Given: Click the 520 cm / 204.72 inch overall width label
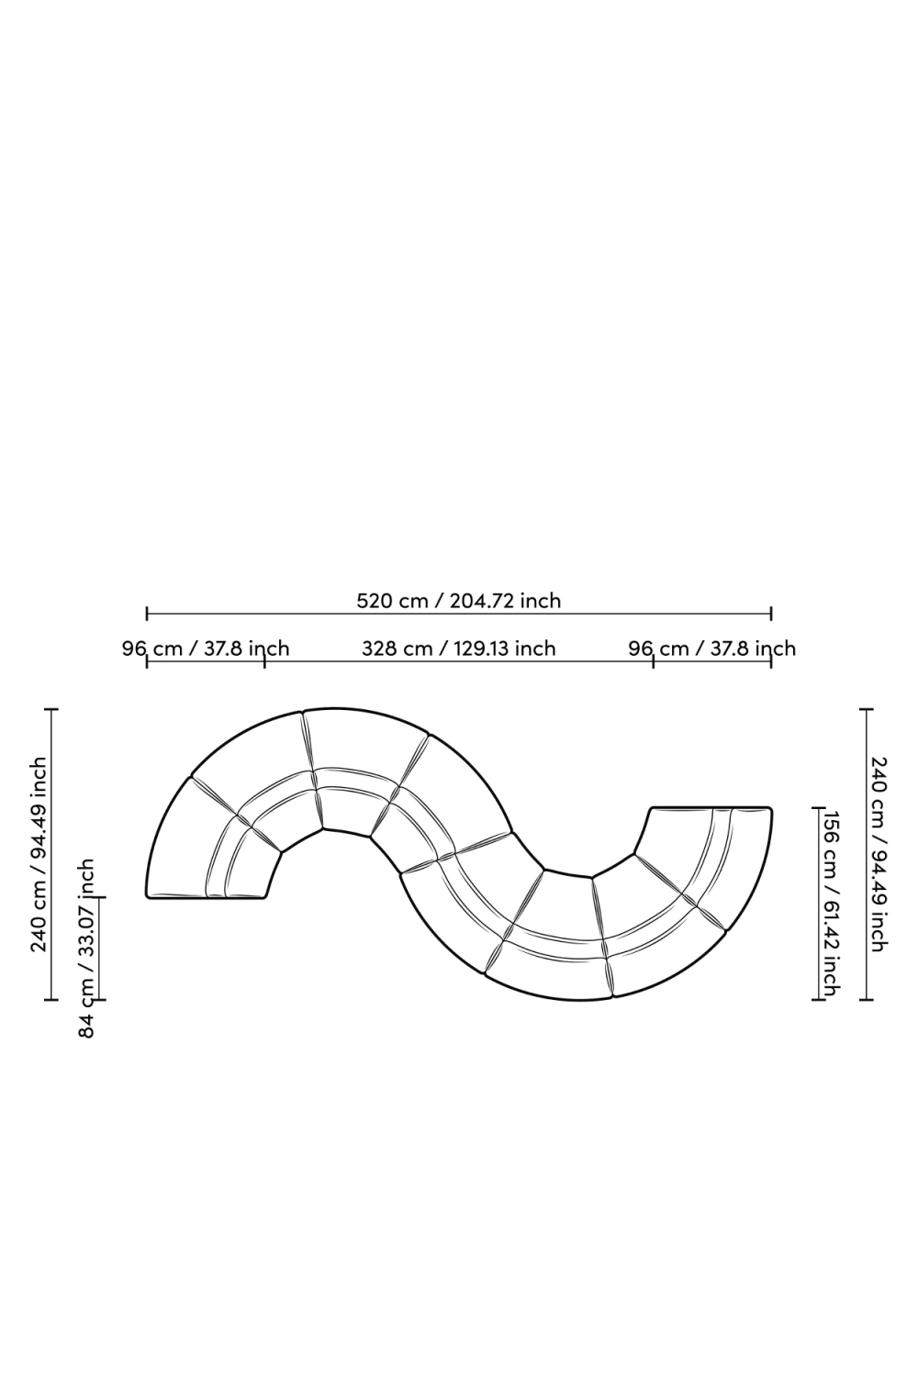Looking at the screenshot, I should tap(458, 601).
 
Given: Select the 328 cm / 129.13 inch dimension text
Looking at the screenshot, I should tap(458, 649).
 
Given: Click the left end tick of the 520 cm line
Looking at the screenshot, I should tap(147, 613).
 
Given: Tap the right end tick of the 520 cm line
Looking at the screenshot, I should tap(771, 613).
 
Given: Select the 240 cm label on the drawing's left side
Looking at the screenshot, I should tap(39, 854).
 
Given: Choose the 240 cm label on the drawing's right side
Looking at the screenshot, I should tap(878, 854).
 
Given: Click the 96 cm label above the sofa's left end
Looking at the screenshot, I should tap(206, 649).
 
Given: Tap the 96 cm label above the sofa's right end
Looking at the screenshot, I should tap(712, 649).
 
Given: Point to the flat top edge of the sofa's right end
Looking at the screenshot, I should tap(711, 808).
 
